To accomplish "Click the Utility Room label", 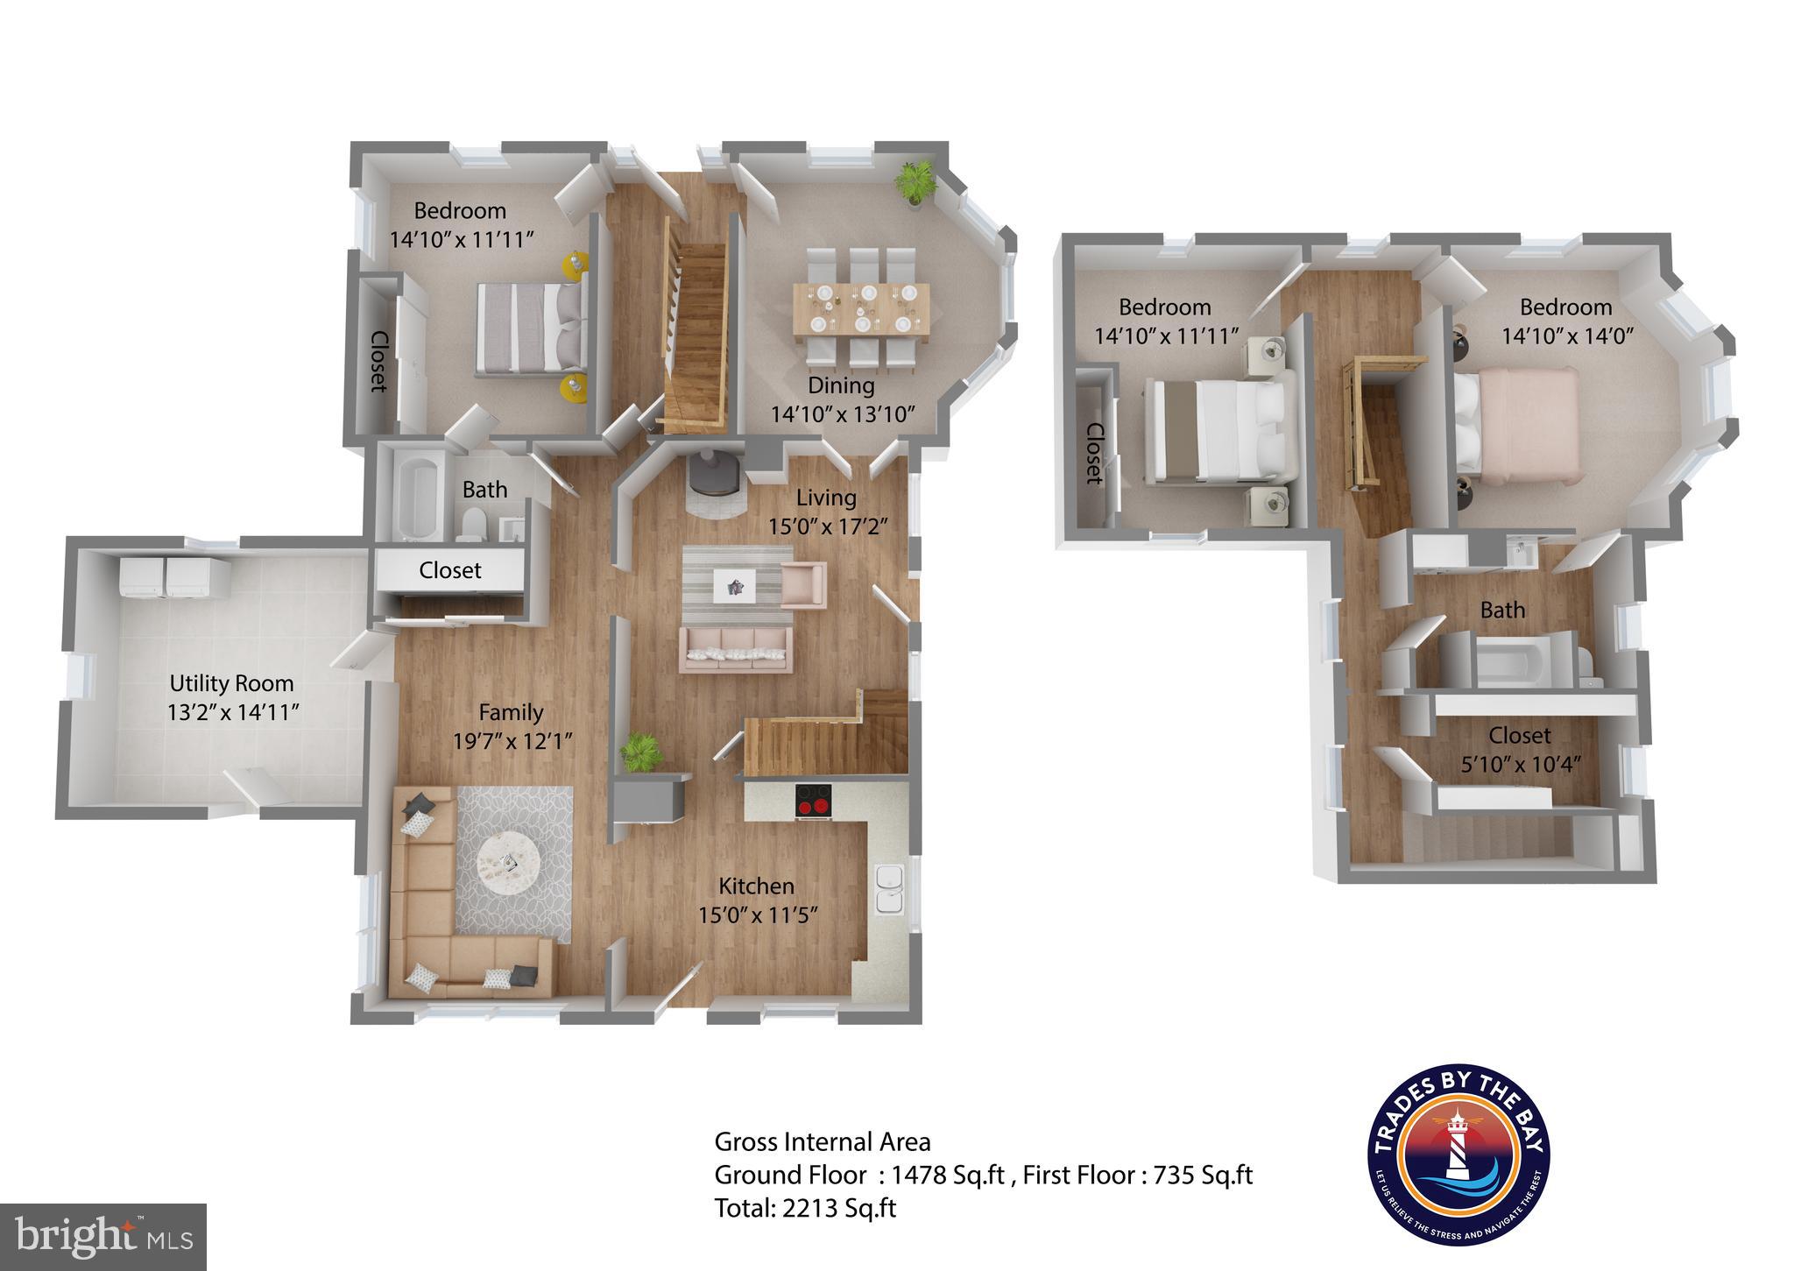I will (x=231, y=683).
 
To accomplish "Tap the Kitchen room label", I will (x=757, y=886).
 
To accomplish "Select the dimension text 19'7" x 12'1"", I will (x=512, y=741).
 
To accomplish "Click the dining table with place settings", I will (x=862, y=308).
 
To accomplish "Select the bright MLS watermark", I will (x=103, y=1237).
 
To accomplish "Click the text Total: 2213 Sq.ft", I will (x=805, y=1208).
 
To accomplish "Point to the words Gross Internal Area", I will (x=823, y=1141).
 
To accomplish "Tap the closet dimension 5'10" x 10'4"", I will (x=1519, y=764).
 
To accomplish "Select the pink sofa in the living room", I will (x=736, y=649).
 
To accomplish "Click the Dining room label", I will (x=841, y=385).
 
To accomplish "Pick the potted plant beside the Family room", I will (x=641, y=753).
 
